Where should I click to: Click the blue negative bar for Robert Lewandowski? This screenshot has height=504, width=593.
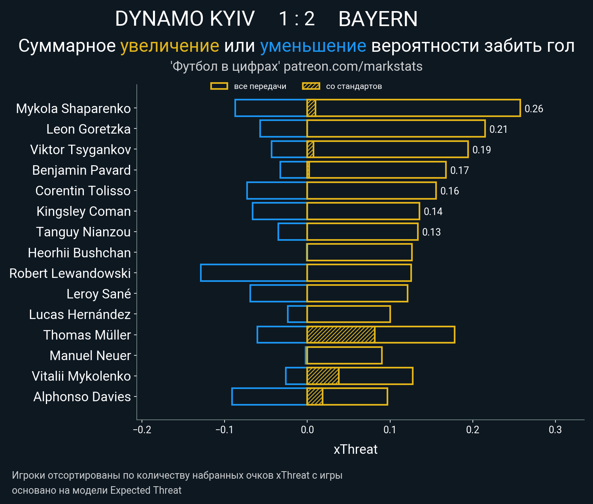pyautogui.click(x=254, y=273)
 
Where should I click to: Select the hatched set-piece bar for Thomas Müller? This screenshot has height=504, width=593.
pyautogui.click(x=341, y=335)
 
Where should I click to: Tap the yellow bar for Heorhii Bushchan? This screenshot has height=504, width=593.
pyautogui.click(x=359, y=253)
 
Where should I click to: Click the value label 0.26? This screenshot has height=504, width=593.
pyautogui.click(x=534, y=109)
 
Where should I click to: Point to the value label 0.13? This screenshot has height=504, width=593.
pyautogui.click(x=431, y=232)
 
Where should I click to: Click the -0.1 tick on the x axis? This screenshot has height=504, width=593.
pyautogui.click(x=225, y=430)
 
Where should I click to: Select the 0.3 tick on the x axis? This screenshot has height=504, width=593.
pyautogui.click(x=555, y=430)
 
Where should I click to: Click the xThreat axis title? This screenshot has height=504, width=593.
pyautogui.click(x=355, y=449)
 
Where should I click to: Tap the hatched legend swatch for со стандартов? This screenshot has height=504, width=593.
pyautogui.click(x=311, y=86)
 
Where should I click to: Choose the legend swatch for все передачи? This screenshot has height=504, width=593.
pyautogui.click(x=219, y=86)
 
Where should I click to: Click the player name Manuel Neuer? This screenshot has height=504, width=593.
pyautogui.click(x=90, y=356)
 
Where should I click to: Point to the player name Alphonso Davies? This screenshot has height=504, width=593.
pyautogui.click(x=82, y=397)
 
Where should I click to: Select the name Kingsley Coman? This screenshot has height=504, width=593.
pyautogui.click(x=83, y=211)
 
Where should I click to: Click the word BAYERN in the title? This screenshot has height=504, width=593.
pyautogui.click(x=378, y=19)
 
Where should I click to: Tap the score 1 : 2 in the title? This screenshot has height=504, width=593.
pyautogui.click(x=296, y=19)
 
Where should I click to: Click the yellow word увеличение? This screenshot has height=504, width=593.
pyautogui.click(x=170, y=46)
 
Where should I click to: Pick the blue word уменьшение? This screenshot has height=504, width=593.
pyautogui.click(x=313, y=46)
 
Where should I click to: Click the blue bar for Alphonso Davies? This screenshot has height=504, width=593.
pyautogui.click(x=269, y=396)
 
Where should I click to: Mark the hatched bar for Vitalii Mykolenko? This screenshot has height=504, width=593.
pyautogui.click(x=323, y=376)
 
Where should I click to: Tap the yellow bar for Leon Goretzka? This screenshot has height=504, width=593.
pyautogui.click(x=396, y=129)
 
